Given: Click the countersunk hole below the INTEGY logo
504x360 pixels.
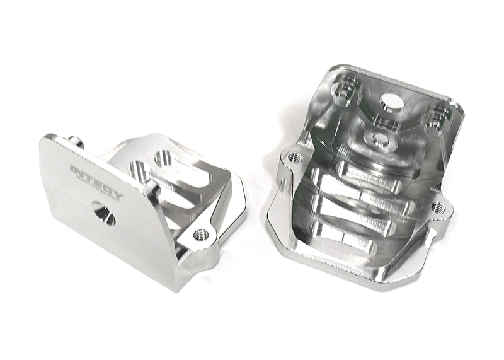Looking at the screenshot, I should click(x=103, y=213).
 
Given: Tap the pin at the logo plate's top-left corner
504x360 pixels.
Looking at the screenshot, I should click(x=75, y=141).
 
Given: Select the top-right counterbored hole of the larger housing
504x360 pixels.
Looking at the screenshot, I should click(x=435, y=120).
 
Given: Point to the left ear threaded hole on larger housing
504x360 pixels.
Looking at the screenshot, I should click(x=294, y=155).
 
